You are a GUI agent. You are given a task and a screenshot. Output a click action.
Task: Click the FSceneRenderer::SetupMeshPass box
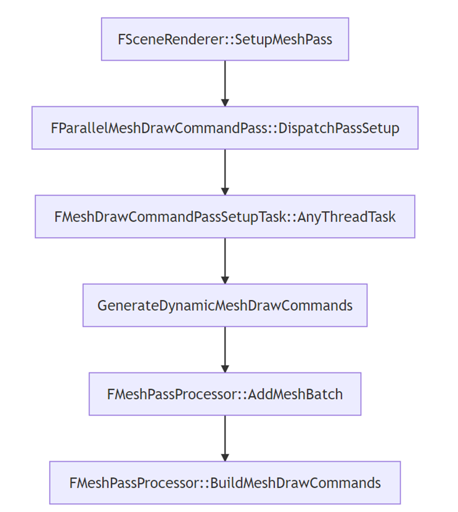coord(225,39)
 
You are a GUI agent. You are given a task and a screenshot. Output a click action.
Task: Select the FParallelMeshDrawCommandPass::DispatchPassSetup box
coord(225,128)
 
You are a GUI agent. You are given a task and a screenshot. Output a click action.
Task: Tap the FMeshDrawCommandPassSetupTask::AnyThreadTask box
coord(225,217)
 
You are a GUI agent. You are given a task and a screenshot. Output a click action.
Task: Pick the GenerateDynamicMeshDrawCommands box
coord(225,306)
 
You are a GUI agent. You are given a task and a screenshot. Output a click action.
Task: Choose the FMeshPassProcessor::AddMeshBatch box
coord(225,394)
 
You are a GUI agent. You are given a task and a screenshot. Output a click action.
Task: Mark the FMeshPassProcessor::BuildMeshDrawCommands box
coord(225,483)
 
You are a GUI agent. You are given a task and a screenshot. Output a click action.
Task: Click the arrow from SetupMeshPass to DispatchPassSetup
coord(225,82)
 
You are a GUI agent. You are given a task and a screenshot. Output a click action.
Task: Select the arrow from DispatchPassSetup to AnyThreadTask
coord(225,171)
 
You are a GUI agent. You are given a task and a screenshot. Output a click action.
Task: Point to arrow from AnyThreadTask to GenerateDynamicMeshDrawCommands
coord(225,260)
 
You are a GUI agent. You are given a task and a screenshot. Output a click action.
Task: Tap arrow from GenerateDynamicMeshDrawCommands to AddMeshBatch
coord(225,349)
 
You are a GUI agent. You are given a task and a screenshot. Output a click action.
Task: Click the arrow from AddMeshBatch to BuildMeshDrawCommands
coord(225,437)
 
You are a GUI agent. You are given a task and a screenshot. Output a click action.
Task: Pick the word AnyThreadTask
coord(347,217)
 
